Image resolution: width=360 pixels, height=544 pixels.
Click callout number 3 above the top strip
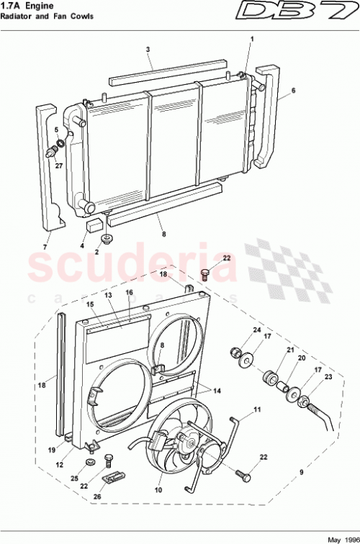147,50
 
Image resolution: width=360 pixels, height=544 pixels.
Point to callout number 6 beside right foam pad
293,91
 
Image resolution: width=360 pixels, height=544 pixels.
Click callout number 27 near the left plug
59,165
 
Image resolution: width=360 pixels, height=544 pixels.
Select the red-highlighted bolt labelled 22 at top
206,273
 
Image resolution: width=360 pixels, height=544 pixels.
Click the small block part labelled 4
93,224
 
